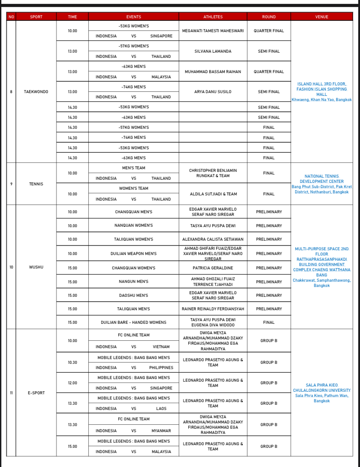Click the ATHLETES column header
click(213, 17)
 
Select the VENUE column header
click(321, 17)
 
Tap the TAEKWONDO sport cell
click(36, 92)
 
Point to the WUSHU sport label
click(36, 267)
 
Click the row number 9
click(11, 184)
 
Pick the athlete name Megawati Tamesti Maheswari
click(213, 31)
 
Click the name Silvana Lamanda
click(213, 51)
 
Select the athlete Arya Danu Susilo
click(213, 92)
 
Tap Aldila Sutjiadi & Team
click(213, 194)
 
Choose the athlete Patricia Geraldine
click(213, 268)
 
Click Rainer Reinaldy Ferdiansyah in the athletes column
click(213, 309)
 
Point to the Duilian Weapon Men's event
click(133, 254)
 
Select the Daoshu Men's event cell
click(133, 296)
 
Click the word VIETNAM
click(161, 347)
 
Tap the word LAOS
click(161, 409)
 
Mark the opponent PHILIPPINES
click(161, 368)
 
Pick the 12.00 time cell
click(72, 383)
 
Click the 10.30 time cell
click(72, 363)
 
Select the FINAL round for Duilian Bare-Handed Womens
click(269, 323)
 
